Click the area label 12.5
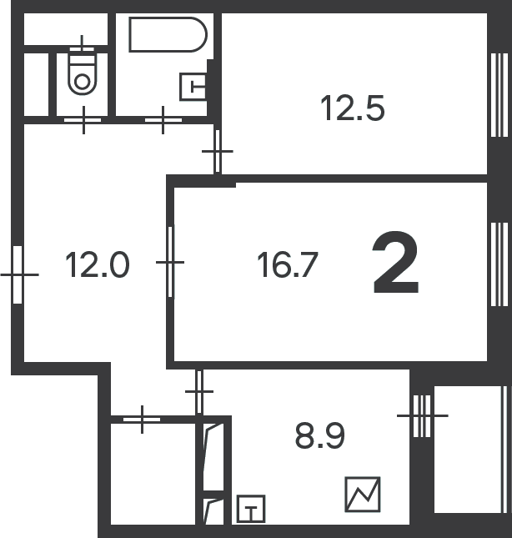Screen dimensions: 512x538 pos(352,108)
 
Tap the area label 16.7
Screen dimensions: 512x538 pos(288,264)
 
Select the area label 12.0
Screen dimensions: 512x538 pos(97,264)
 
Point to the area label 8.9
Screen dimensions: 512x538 pos(319,435)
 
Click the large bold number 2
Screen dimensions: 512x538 pos(396,263)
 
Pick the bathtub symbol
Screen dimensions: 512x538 pos(168,35)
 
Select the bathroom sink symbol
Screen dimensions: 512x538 pos(193,87)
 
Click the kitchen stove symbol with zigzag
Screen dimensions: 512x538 pos(363,495)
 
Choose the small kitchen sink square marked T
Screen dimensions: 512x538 pos(251,509)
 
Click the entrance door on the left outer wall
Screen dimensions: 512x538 pos(18,274)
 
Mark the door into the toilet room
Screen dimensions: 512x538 pos(83,120)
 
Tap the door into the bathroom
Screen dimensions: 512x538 pos(163,120)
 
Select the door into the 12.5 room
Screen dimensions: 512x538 pos(217,151)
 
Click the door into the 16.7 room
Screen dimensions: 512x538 pos(170,262)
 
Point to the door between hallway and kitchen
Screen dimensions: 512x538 pos(199,391)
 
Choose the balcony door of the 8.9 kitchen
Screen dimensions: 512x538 pos(422,416)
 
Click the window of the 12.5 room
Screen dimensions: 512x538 pos(499,95)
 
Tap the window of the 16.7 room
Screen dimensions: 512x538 pos(499,264)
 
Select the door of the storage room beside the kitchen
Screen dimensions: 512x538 pos(142,420)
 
